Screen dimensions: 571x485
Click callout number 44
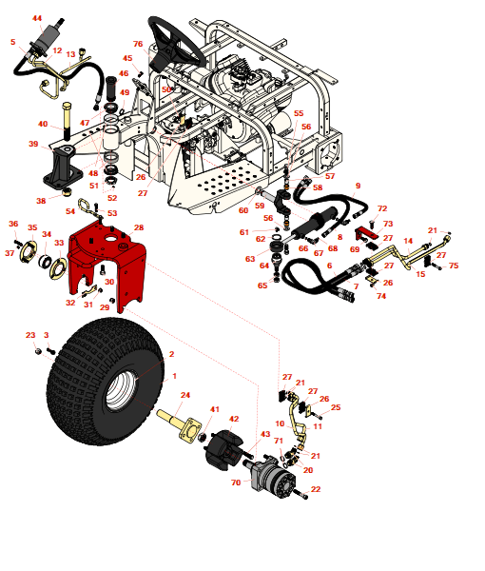(37, 19)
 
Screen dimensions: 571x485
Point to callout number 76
(138, 45)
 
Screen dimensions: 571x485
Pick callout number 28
(139, 228)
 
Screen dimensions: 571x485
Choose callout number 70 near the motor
(237, 483)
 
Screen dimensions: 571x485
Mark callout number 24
(185, 396)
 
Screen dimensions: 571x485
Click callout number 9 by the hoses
(358, 187)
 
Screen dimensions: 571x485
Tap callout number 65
(262, 285)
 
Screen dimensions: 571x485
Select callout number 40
(43, 125)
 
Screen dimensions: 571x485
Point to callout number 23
(29, 336)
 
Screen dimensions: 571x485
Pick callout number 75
(454, 266)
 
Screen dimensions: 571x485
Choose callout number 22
(316, 489)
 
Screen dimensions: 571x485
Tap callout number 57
(330, 176)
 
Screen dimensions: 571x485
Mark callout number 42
(234, 419)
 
